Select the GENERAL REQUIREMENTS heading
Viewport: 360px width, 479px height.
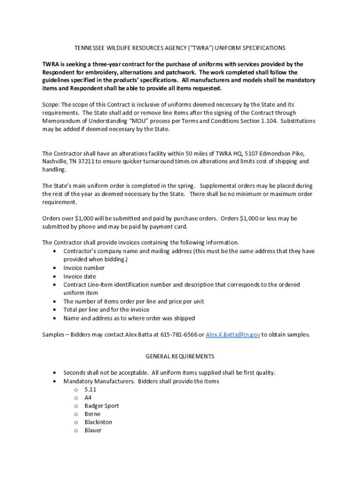[x=180, y=356]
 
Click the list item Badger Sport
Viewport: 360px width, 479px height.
[x=101, y=406]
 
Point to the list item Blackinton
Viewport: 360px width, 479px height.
[x=98, y=422]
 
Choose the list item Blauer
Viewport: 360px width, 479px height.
[x=93, y=430]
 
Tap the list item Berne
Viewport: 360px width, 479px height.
[x=92, y=414]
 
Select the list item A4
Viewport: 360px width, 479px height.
[x=88, y=398]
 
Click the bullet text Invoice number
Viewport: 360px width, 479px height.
[x=84, y=268]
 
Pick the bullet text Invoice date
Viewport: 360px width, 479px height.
[x=79, y=276]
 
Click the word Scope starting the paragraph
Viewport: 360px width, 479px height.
[x=50, y=104]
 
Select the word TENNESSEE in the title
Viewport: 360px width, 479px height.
[x=90, y=48]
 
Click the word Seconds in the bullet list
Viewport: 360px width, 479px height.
[x=75, y=373]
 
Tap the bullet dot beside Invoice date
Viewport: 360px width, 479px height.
[x=56, y=276]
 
